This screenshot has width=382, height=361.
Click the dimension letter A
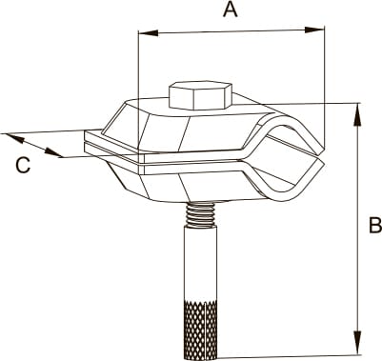[x=231, y=10]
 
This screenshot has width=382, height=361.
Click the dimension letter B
[x=374, y=225]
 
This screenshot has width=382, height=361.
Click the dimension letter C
[x=23, y=166]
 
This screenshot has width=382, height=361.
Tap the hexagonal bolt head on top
[x=200, y=95]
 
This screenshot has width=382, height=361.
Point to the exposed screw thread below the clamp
[x=201, y=214]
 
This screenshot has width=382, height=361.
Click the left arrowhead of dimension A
[x=149, y=32]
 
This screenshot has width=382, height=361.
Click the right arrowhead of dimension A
[x=314, y=30]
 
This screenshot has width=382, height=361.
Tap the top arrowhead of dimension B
[x=357, y=115]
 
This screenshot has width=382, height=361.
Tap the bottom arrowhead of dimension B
[x=358, y=343]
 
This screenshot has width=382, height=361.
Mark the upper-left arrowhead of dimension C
[x=14, y=138]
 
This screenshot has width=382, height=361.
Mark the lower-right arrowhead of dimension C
[x=53, y=152]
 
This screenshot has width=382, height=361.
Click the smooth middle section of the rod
[x=201, y=263]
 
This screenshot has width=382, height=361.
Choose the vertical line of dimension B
[x=358, y=229]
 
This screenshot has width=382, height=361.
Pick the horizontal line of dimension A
[x=231, y=31]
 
